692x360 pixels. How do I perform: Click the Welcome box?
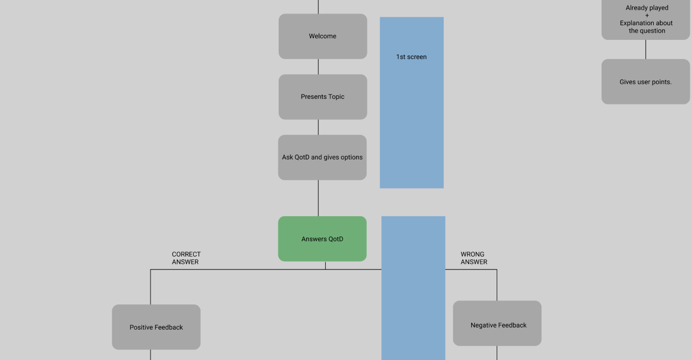[322, 37]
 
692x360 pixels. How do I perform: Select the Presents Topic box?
[322, 97]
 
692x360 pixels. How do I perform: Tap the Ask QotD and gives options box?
[322, 157]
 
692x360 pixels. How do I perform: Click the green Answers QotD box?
[322, 239]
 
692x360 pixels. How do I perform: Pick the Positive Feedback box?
[156, 327]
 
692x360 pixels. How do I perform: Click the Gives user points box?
[645, 82]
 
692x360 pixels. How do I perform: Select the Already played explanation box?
[645, 20]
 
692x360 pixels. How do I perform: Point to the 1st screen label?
[411, 57]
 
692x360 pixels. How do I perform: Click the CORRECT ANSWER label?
[186, 258]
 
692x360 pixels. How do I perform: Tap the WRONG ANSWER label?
[474, 258]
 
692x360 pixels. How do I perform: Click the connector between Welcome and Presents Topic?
[318, 67]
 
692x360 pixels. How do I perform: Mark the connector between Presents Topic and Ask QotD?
[318, 127]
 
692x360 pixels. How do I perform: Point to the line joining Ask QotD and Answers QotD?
[318, 198]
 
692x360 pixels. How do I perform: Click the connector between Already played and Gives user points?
[645, 49]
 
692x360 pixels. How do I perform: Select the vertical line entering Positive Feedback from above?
[151, 287]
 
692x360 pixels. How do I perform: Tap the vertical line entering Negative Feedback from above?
[497, 285]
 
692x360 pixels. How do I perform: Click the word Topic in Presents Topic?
[336, 97]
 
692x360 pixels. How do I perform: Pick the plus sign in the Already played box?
[647, 16]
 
